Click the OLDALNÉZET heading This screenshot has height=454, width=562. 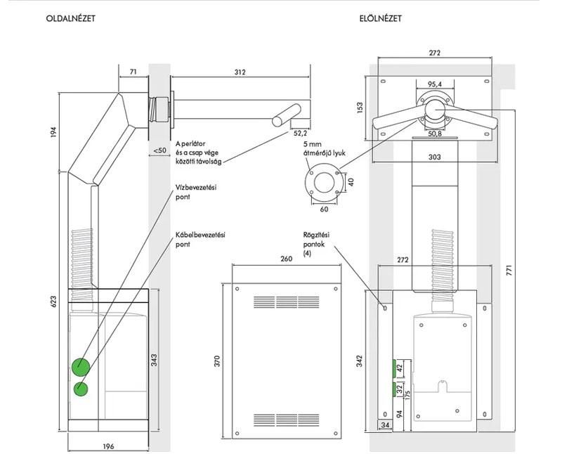pyautogui.click(x=71, y=18)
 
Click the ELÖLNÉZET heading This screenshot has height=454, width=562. pyautogui.click(x=381, y=18)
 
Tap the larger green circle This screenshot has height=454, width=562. pyautogui.click(x=81, y=367)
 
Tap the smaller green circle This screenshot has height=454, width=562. pyautogui.click(x=81, y=389)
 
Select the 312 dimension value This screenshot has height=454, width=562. pyautogui.click(x=240, y=72)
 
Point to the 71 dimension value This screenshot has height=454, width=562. pyautogui.click(x=133, y=72)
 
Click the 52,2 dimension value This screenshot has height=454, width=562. pyautogui.click(x=300, y=134)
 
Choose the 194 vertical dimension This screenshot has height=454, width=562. pyautogui.click(x=54, y=132)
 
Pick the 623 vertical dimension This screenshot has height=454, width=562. pyautogui.click(x=54, y=302)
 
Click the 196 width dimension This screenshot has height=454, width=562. pyautogui.click(x=108, y=446)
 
